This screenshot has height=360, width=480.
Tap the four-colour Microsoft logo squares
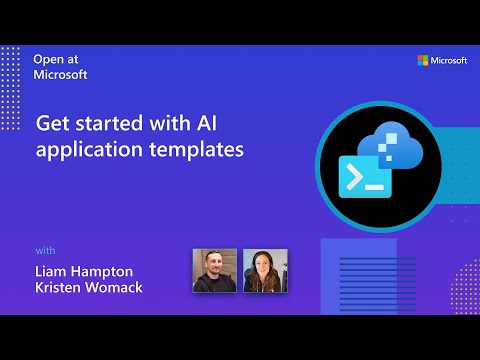click(x=423, y=61)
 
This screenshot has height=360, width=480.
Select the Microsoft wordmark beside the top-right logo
click(x=450, y=61)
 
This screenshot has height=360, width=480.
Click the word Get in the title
click(x=51, y=126)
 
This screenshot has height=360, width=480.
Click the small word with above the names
click(x=46, y=249)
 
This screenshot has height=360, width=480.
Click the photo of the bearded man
click(x=214, y=270)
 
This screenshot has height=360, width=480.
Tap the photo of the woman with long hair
click(x=265, y=270)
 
